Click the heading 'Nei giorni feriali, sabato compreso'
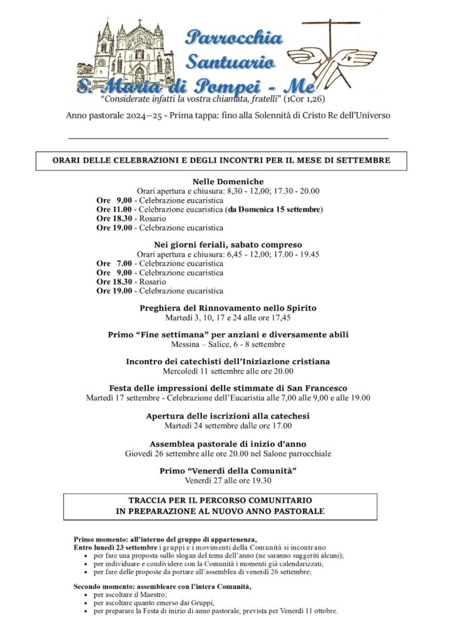click(x=228, y=244)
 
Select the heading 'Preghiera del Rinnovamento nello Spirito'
click(x=228, y=308)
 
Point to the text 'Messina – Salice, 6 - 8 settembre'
click(x=228, y=344)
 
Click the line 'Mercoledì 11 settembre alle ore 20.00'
click(x=228, y=371)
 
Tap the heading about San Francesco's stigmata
click(x=228, y=388)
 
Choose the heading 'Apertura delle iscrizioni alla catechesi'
click(x=228, y=416)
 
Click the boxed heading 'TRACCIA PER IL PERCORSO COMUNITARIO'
click(x=228, y=501)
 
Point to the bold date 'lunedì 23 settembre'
click(x=125, y=546)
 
